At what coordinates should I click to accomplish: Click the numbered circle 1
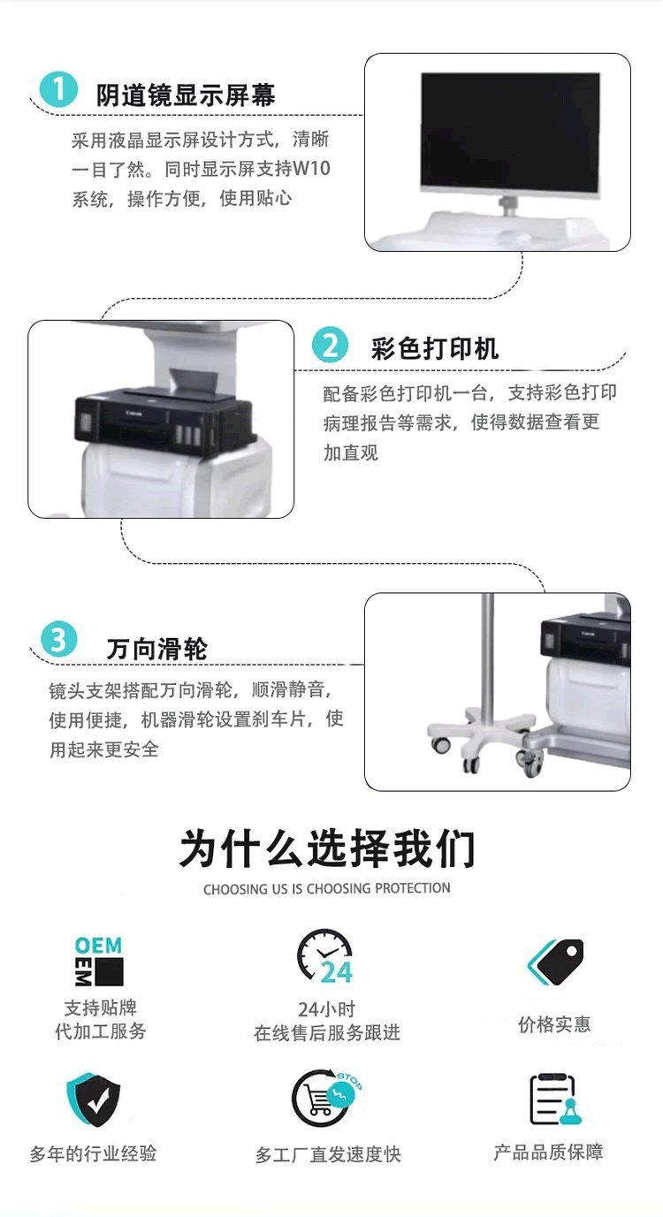coord(58,88)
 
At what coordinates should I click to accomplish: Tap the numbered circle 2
coord(331,345)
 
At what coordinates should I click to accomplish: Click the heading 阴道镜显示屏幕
coord(186,95)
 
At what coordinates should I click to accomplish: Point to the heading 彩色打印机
coord(435,348)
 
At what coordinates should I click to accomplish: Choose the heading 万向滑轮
coord(156,649)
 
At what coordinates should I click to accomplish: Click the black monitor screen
coord(511,132)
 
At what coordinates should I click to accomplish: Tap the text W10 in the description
coord(311,169)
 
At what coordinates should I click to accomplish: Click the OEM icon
coord(99,961)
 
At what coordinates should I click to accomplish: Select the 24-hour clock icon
coord(325,957)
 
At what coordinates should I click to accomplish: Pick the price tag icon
coord(555,962)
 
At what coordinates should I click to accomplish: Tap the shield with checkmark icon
coord(94,1099)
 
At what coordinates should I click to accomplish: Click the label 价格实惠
coord(553,1024)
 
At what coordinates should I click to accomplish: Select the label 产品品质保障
coord(548,1152)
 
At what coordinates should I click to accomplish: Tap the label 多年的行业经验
coord(93,1152)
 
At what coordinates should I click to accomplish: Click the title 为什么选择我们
coord(327,848)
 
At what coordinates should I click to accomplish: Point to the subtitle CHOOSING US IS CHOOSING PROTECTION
coord(326,888)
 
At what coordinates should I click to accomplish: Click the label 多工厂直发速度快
coord(328,1154)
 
